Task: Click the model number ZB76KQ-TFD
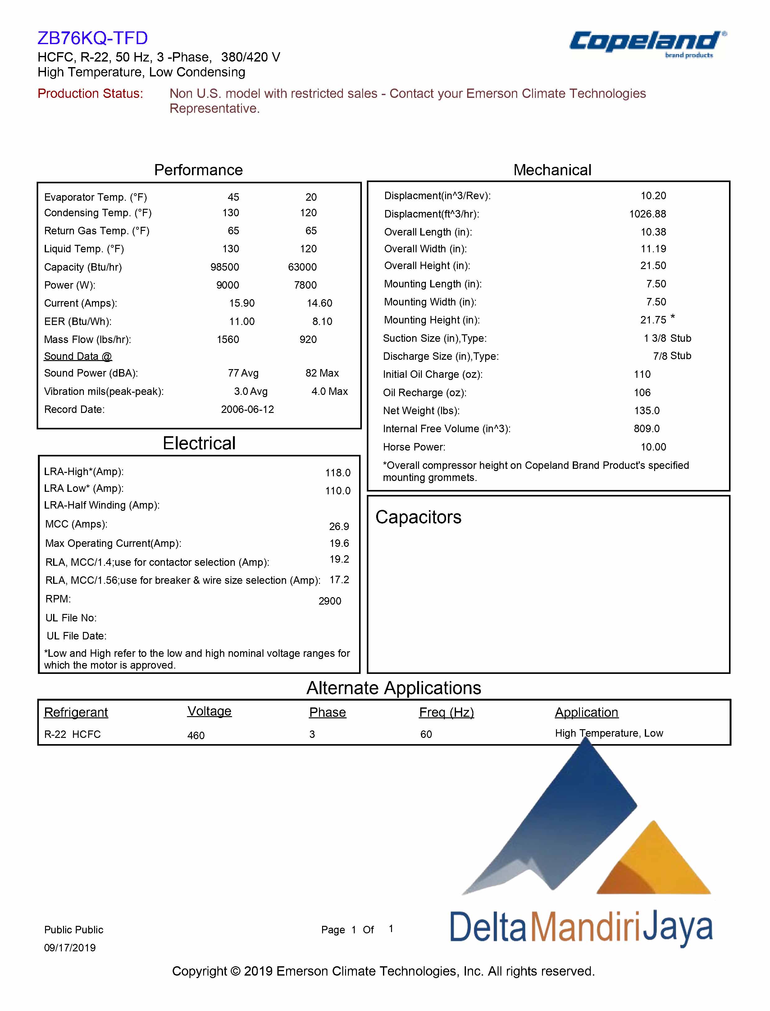point(93,38)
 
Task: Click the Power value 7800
point(305,285)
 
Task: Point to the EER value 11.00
point(242,321)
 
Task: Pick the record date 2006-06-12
point(248,409)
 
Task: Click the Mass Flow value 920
point(308,339)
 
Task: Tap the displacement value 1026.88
point(647,214)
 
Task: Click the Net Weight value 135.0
point(647,410)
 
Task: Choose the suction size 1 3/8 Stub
point(667,338)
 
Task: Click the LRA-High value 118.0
point(338,473)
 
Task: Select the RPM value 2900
point(330,601)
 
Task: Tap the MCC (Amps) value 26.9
point(339,526)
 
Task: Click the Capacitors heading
point(418,517)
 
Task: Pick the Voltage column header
point(209,711)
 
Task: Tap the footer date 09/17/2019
point(70,948)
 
